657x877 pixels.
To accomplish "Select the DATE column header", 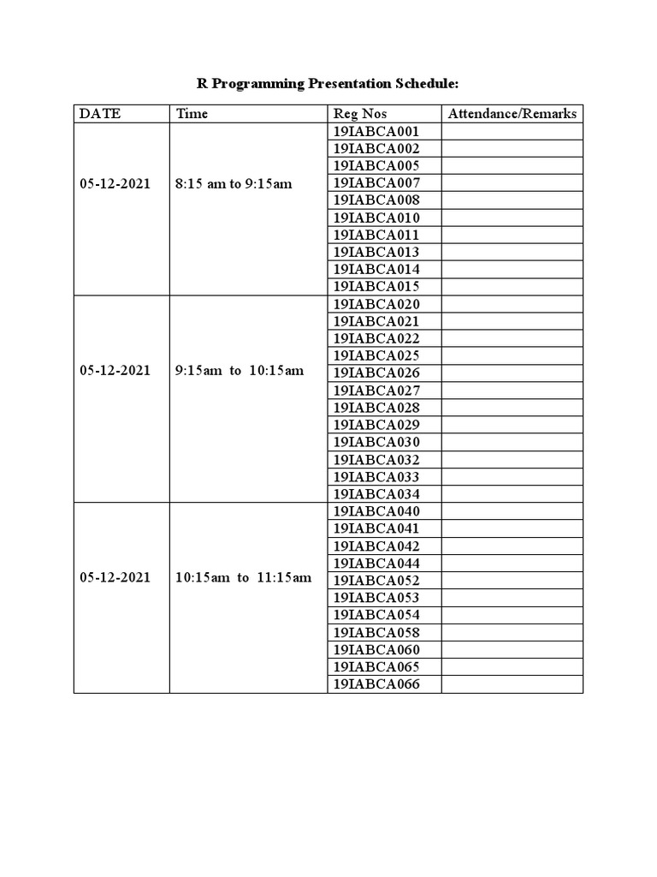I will coord(100,114).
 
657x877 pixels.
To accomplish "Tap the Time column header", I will coord(192,114).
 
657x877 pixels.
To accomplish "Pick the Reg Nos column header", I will coord(359,114).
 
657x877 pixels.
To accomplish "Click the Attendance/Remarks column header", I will coord(512,114).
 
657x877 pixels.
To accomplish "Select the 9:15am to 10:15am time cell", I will coord(240,371).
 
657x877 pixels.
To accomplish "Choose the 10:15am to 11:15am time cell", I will coord(243,578).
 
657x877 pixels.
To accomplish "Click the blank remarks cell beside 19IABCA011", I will coord(512,235).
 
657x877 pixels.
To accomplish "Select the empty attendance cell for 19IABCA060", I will coord(512,650).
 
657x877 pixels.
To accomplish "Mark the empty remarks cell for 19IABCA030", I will coord(512,442).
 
